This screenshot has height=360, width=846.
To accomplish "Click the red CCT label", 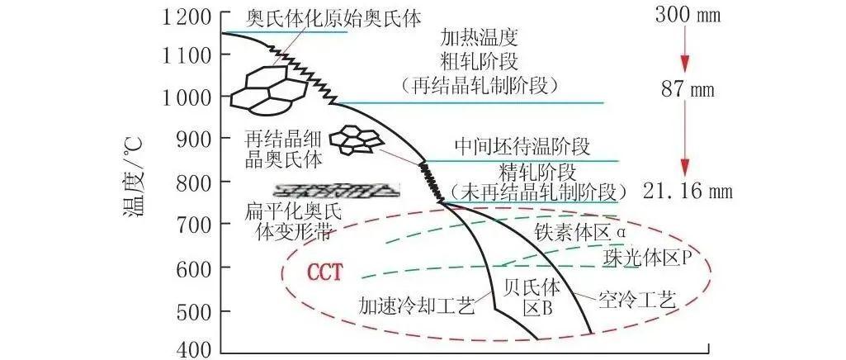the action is pos(325,272).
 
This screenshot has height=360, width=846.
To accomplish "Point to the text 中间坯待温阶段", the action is pos(522,147).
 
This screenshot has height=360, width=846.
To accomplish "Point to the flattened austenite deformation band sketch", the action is pos(336,189).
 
